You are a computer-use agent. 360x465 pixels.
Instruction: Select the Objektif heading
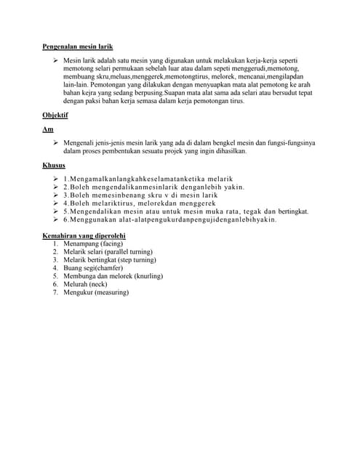point(55,115)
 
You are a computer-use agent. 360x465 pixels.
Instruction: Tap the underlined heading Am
point(48,129)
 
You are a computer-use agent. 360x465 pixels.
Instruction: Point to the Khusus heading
point(54,165)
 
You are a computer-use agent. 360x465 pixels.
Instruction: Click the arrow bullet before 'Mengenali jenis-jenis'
point(55,143)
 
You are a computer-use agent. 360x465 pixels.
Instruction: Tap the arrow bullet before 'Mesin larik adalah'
point(55,60)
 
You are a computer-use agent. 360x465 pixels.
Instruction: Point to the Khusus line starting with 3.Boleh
point(140,195)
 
